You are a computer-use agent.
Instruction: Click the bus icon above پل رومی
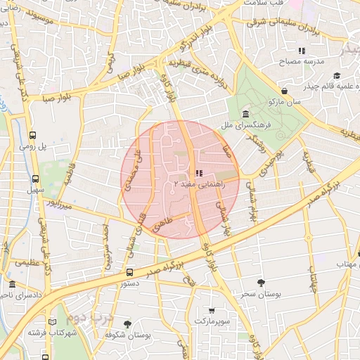coord(32,136)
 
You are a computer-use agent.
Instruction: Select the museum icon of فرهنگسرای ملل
coord(245,114)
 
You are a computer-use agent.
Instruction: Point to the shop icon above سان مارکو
coord(284,91)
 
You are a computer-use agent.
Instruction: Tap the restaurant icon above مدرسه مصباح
coord(302,51)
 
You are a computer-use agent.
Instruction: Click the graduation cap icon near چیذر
coord(337,75)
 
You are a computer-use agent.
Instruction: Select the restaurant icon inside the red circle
coord(199,172)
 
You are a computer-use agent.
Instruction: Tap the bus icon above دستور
coord(129,272)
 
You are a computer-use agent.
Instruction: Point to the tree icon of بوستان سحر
coord(262,283)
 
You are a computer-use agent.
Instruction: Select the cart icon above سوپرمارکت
coord(212,310)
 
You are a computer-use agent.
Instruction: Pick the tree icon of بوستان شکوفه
coord(127,324)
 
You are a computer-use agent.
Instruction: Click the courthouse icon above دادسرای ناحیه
coord(13,285)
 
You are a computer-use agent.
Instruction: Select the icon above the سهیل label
coord(32,179)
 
